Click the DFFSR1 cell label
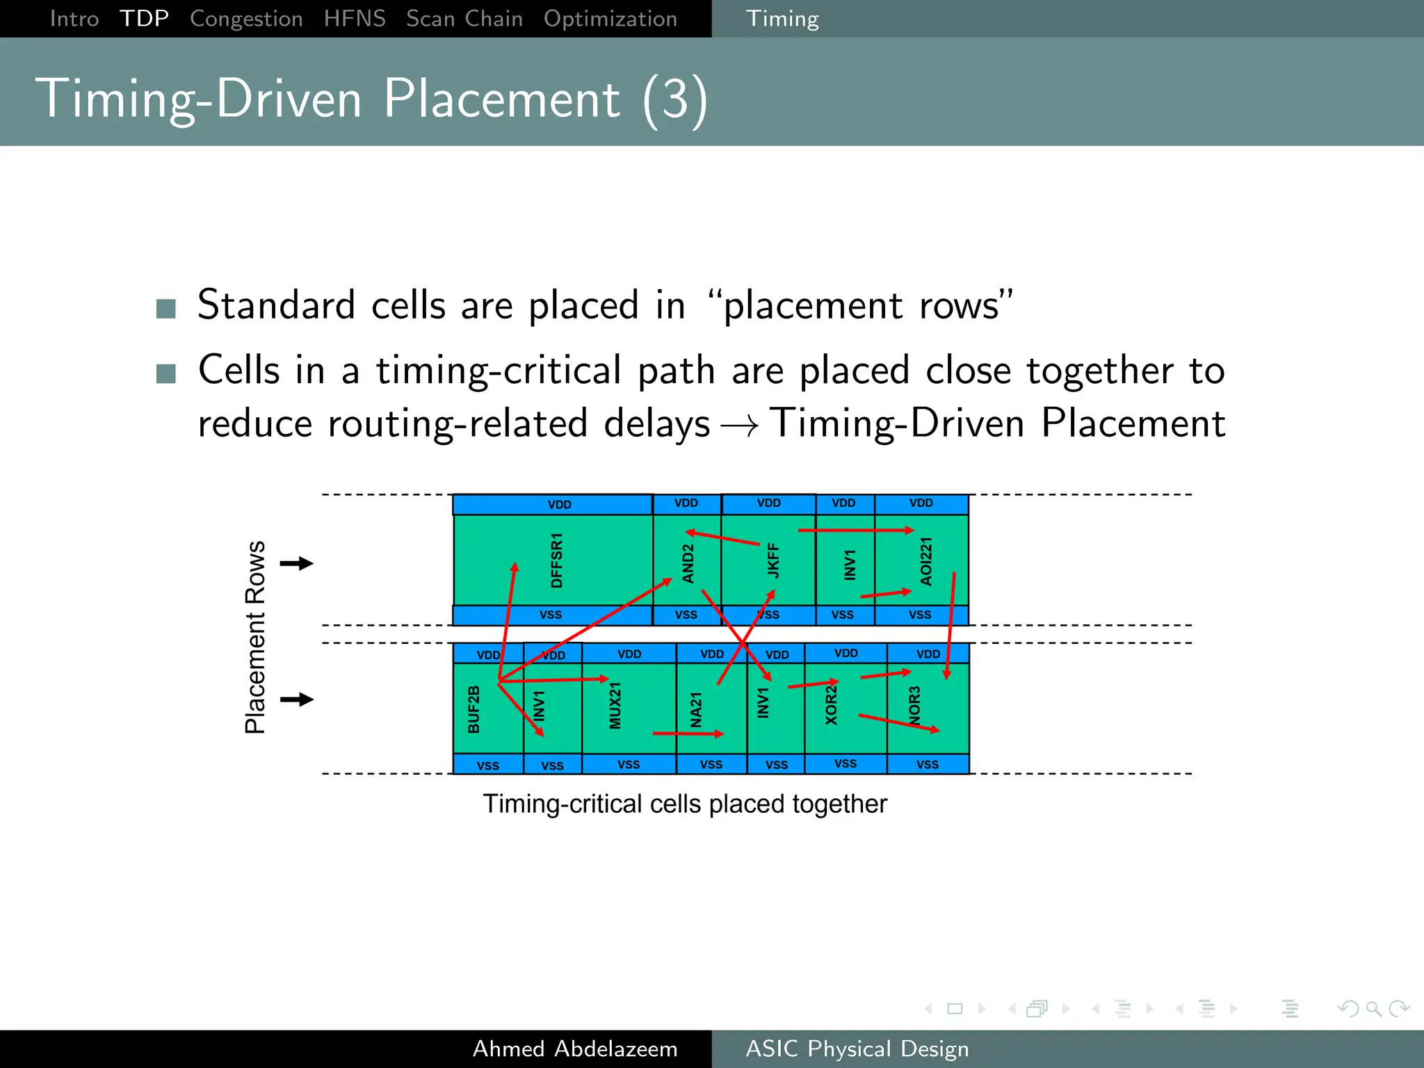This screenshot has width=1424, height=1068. (556, 560)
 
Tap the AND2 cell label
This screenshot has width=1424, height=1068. (688, 563)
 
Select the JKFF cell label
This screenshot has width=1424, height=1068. (772, 560)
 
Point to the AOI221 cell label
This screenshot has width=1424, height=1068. (925, 561)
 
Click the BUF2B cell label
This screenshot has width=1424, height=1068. (474, 709)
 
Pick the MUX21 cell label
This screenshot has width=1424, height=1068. (615, 706)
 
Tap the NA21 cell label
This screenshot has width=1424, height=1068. (696, 709)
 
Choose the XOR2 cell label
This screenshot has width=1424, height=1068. (831, 705)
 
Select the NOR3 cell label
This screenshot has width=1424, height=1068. (914, 705)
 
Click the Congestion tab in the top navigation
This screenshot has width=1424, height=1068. (246, 19)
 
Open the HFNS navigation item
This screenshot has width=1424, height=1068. (355, 19)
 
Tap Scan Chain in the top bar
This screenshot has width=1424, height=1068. (464, 19)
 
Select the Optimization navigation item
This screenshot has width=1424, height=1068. (610, 19)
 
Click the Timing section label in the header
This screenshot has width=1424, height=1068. (782, 19)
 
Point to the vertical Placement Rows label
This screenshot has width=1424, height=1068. (255, 637)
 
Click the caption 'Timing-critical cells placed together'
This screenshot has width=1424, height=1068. (685, 804)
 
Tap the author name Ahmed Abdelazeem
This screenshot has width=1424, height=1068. (575, 1049)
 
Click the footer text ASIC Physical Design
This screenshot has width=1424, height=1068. (857, 1049)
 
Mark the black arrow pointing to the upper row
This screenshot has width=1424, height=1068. (297, 563)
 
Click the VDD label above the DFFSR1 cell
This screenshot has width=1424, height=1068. (559, 505)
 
